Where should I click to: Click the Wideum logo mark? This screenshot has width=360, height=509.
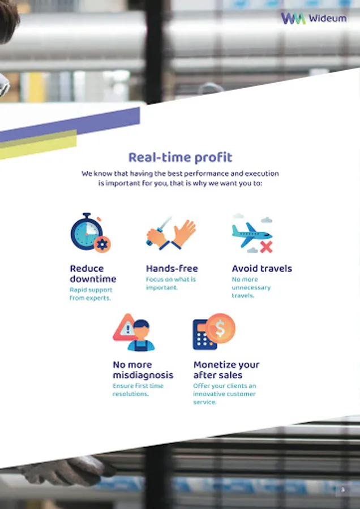[293, 18]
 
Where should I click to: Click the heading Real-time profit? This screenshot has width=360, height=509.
[181, 157]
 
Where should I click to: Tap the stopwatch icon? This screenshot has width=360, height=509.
[87, 231]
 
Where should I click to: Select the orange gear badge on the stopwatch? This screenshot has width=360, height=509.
[102, 244]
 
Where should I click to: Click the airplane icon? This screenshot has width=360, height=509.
[252, 234]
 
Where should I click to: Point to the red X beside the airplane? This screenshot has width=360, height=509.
[266, 247]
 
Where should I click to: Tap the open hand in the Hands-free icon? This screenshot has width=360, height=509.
[184, 232]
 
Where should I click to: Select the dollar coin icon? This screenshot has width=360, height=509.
[220, 329]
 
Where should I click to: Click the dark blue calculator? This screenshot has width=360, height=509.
[204, 335]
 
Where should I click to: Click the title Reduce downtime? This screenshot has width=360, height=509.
[93, 274]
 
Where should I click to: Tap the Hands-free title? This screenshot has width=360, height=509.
[172, 269]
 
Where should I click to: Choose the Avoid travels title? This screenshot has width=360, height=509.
[262, 269]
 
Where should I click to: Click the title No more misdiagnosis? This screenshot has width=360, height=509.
[143, 370]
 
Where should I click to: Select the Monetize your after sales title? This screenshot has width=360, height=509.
[226, 370]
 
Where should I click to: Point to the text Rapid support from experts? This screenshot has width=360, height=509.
[91, 294]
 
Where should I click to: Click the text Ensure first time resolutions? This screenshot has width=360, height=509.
[138, 390]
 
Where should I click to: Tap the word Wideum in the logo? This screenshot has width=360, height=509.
[328, 19]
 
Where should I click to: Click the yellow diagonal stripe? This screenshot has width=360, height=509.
[38, 145]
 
